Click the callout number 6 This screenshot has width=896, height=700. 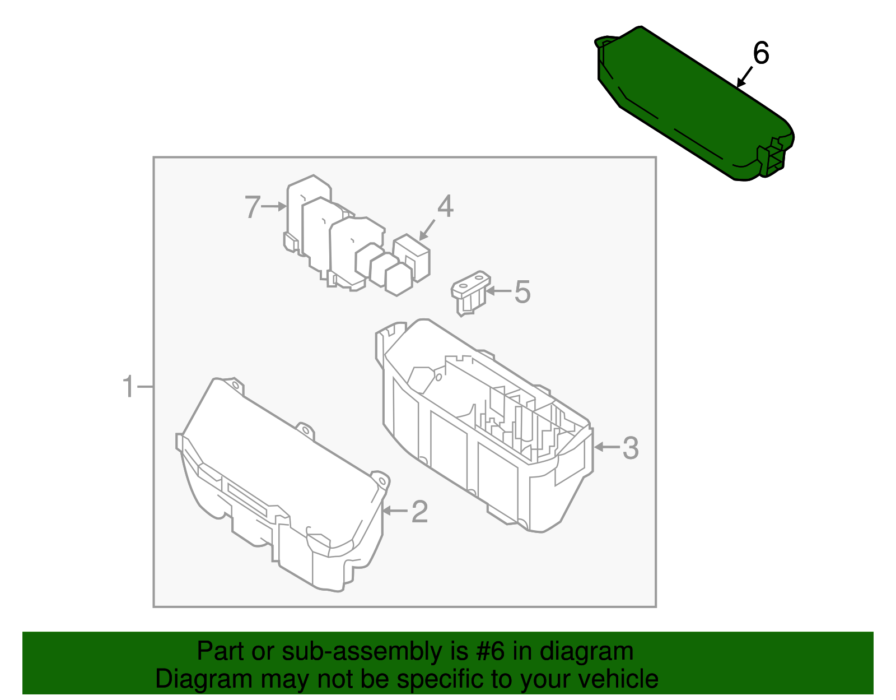click(761, 53)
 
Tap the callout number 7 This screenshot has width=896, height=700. click(253, 207)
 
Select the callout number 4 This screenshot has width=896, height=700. click(445, 207)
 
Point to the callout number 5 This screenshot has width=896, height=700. click(522, 292)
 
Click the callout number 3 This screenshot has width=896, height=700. click(631, 448)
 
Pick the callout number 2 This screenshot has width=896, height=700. click(419, 511)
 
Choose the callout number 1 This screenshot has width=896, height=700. click(129, 387)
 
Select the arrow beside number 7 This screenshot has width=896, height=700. click(274, 206)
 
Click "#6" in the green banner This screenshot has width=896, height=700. click(492, 652)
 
